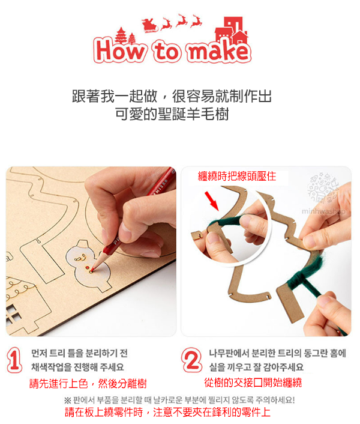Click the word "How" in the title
tap(120, 50)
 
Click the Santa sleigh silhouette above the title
tap(150, 25)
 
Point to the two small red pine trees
tap(125, 36)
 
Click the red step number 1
tap(14, 360)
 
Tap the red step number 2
tap(192, 360)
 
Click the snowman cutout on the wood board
tap(89, 265)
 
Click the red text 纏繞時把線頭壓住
tap(237, 177)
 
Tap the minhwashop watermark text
tap(323, 211)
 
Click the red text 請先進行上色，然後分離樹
tap(88, 383)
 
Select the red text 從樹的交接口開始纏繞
tap(253, 383)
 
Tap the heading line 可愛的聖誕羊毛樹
tap(172, 114)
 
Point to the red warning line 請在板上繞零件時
tap(104, 413)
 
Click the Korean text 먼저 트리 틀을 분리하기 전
tap(79, 353)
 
